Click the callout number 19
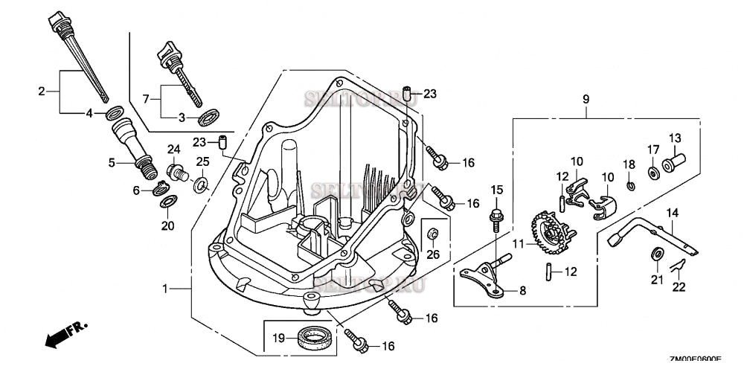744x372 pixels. coord(278,338)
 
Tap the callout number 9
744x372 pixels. coord(586,99)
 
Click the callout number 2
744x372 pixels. coord(42,92)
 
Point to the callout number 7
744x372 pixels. coord(146,97)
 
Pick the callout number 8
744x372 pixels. coord(522,292)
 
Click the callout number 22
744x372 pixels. coord(678,286)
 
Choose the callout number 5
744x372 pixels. coord(112,162)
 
